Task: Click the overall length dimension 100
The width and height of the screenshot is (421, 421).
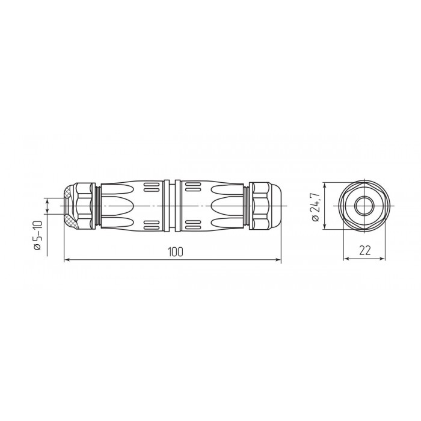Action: tap(176, 252)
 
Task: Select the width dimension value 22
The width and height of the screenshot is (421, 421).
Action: tap(364, 251)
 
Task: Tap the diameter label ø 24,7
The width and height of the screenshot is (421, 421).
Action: tap(316, 207)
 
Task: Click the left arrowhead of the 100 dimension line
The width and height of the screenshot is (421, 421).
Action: tap(67, 260)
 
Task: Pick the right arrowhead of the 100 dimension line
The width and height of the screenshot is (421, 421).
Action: tap(278, 260)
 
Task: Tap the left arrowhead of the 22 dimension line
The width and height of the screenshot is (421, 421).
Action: tap(347, 259)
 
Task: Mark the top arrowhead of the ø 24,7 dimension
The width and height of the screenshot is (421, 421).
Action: tap(325, 186)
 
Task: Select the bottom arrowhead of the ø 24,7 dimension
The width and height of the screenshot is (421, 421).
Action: tap(325, 226)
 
